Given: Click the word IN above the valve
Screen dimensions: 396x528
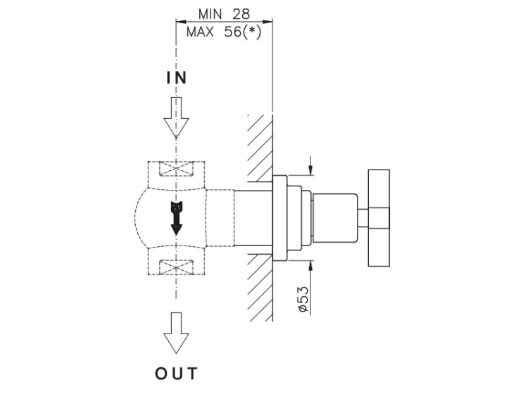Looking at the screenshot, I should (x=176, y=78).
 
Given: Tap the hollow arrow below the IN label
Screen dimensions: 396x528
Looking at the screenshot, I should (x=176, y=117).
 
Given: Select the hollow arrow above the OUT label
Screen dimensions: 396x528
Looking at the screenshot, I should (x=176, y=333).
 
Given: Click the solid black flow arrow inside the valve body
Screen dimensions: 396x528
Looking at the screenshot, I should (x=176, y=217).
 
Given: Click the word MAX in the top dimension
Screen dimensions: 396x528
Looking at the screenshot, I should (x=202, y=32).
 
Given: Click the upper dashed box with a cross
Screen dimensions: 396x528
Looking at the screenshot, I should (x=176, y=170).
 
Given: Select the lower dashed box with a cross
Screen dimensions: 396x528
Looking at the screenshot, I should (x=176, y=267).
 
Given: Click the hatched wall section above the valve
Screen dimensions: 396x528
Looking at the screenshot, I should (x=260, y=144).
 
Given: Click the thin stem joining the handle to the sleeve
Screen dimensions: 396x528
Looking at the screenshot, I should (x=365, y=219).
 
